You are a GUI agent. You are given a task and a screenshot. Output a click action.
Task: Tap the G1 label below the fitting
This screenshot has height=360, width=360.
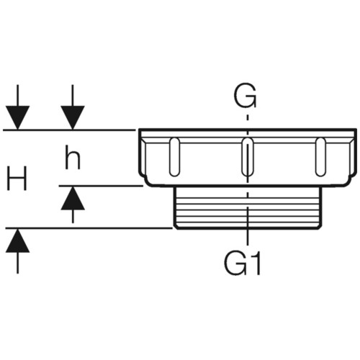click(x=242, y=264)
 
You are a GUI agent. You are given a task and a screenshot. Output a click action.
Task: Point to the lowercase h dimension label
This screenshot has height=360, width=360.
click(x=73, y=158)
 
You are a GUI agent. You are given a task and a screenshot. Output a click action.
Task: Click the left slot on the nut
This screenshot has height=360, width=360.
click(x=174, y=157)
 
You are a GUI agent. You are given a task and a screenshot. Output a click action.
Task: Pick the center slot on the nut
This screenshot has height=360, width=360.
click(x=247, y=157)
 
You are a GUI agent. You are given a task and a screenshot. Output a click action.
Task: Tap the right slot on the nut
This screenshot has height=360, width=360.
click(x=320, y=157)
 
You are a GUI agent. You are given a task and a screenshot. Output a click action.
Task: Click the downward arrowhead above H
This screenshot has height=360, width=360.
click(x=17, y=117)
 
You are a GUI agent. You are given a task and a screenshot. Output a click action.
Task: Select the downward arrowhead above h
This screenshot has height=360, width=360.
click(x=73, y=117)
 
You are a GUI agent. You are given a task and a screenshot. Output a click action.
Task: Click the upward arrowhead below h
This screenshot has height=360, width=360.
click(x=73, y=199)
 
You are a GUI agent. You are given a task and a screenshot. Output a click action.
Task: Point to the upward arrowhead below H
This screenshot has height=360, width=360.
click(x=17, y=240)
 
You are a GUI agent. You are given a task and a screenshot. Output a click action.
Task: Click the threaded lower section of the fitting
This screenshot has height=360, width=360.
click(x=247, y=207)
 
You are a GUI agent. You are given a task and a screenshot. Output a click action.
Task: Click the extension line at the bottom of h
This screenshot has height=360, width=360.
click(x=101, y=186)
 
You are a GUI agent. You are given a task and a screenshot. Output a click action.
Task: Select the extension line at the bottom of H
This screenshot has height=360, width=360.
click(x=89, y=228)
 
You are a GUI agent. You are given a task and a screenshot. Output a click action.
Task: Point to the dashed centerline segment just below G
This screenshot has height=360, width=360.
click(x=248, y=117)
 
